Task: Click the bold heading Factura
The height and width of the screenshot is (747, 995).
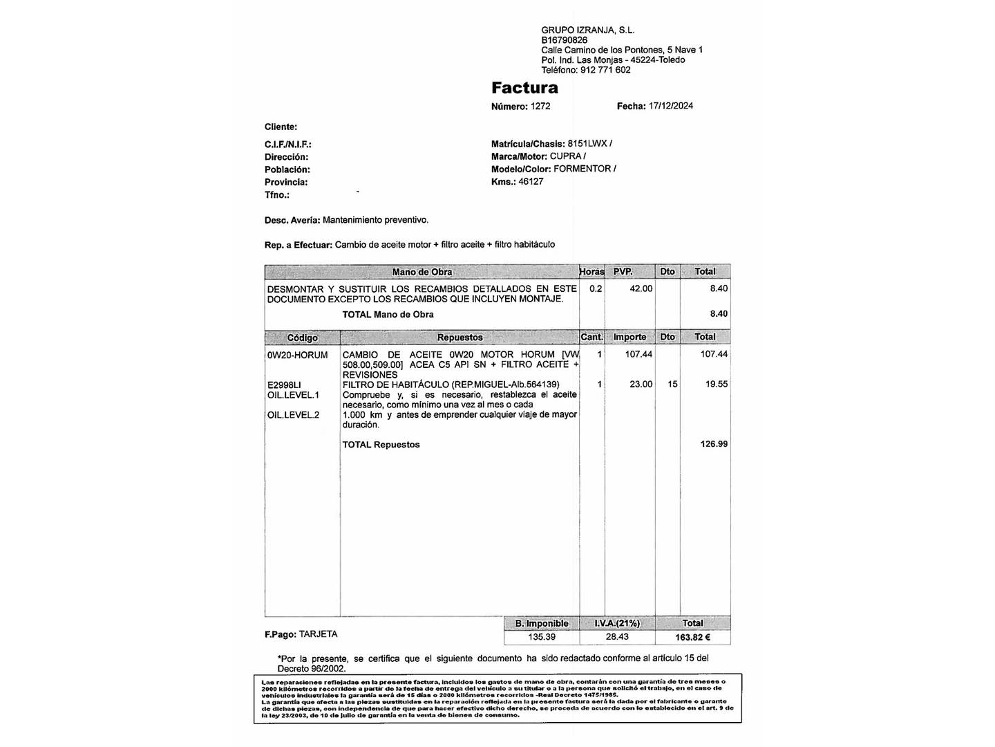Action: tap(524, 88)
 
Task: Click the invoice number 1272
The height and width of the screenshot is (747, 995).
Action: tap(540, 107)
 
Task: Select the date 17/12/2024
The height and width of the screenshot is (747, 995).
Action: tap(671, 106)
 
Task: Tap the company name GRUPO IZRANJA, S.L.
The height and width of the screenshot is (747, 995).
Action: tap(587, 30)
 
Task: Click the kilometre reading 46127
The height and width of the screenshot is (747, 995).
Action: tap(531, 181)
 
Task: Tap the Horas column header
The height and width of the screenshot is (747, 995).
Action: tap(591, 272)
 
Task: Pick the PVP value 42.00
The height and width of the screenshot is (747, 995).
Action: tap(641, 288)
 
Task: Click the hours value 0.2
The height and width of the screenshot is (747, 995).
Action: tap(596, 288)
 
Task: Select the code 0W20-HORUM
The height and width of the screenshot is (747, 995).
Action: tap(297, 355)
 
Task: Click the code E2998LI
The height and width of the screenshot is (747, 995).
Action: tap(284, 385)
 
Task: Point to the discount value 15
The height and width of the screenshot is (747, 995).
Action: tap(672, 385)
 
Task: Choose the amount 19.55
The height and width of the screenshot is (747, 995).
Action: tap(717, 385)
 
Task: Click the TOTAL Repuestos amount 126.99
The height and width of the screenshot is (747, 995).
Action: tap(714, 444)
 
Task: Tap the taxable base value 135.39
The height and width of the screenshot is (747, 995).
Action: tap(542, 637)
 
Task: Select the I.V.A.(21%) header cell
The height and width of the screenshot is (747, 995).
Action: tap(617, 623)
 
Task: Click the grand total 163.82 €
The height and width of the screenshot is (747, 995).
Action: tap(692, 638)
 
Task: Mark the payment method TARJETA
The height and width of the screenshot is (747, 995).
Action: tap(319, 634)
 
